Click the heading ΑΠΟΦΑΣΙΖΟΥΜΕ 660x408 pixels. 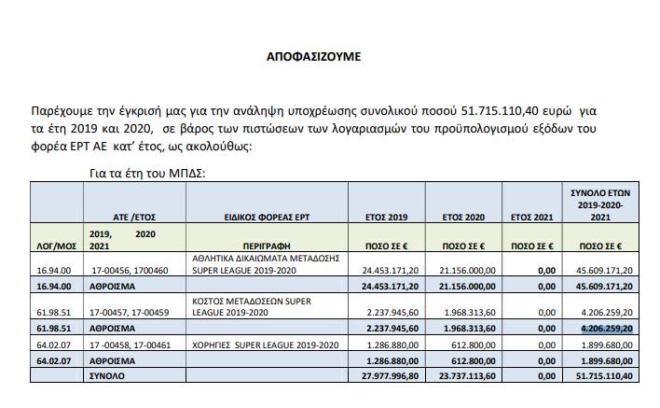313,56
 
